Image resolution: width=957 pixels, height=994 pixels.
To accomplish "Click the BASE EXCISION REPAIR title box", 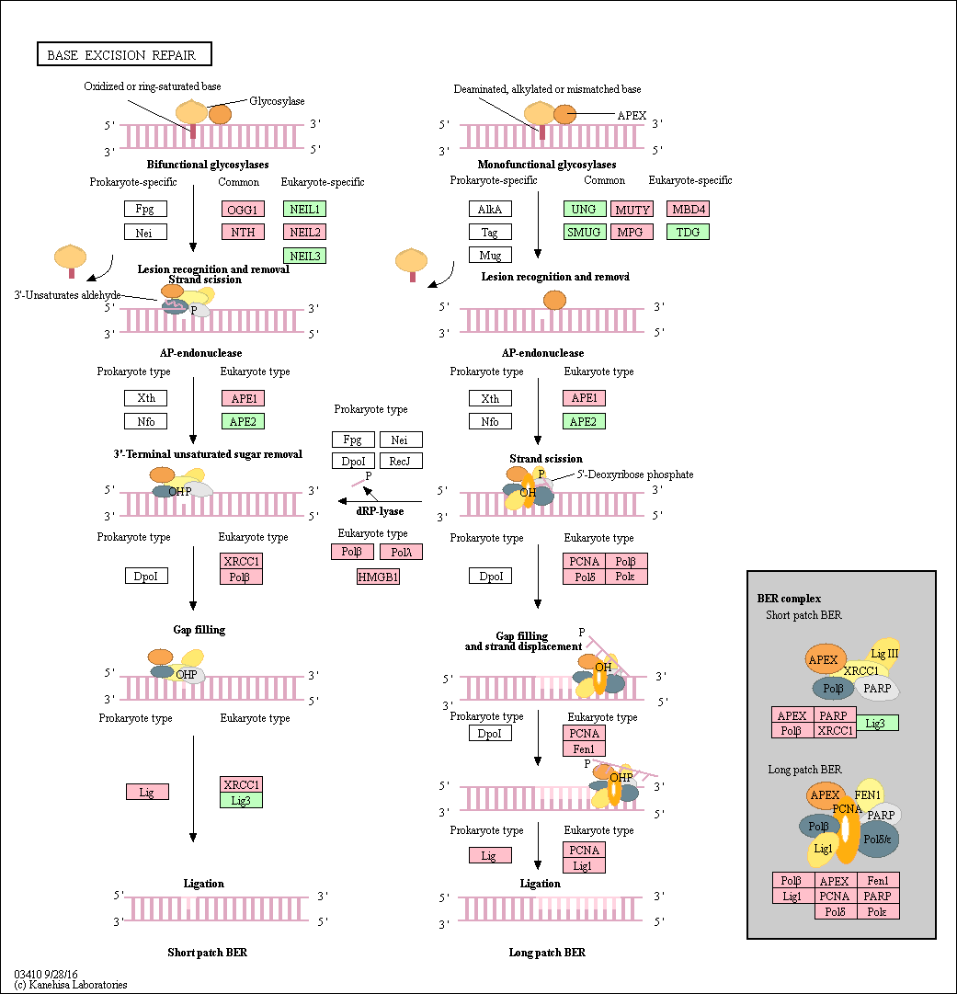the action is click(x=124, y=54).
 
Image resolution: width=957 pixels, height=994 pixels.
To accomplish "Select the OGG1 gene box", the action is click(x=243, y=210).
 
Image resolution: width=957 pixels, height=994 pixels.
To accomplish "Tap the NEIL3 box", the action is click(x=305, y=256).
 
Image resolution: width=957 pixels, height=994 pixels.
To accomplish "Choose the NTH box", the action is click(x=243, y=232).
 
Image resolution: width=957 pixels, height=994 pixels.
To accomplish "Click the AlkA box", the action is click(x=490, y=210).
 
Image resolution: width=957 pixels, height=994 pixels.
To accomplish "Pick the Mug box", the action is click(x=490, y=255).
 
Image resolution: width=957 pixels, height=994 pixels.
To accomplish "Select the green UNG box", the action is click(x=585, y=210).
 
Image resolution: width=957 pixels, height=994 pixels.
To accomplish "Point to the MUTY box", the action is click(x=632, y=210).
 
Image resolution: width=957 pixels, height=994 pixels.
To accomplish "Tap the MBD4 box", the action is click(x=689, y=210).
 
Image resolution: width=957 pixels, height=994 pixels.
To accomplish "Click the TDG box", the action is click(x=689, y=232).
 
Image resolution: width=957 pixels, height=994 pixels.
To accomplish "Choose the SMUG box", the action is click(x=585, y=232).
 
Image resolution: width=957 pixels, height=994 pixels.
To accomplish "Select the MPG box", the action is click(x=632, y=232).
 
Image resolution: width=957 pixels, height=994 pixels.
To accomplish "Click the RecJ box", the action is click(x=401, y=461).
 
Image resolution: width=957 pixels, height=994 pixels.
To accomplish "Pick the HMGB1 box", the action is click(x=378, y=577).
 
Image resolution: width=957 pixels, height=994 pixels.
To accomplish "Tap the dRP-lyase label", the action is click(x=380, y=511).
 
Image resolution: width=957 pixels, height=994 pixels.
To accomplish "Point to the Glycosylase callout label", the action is click(x=277, y=101).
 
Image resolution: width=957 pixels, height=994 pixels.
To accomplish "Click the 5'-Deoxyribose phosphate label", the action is click(x=635, y=474).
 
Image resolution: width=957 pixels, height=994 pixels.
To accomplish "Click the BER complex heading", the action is click(x=789, y=599).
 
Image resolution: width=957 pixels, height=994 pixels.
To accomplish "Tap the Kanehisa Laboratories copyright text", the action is click(x=71, y=985).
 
